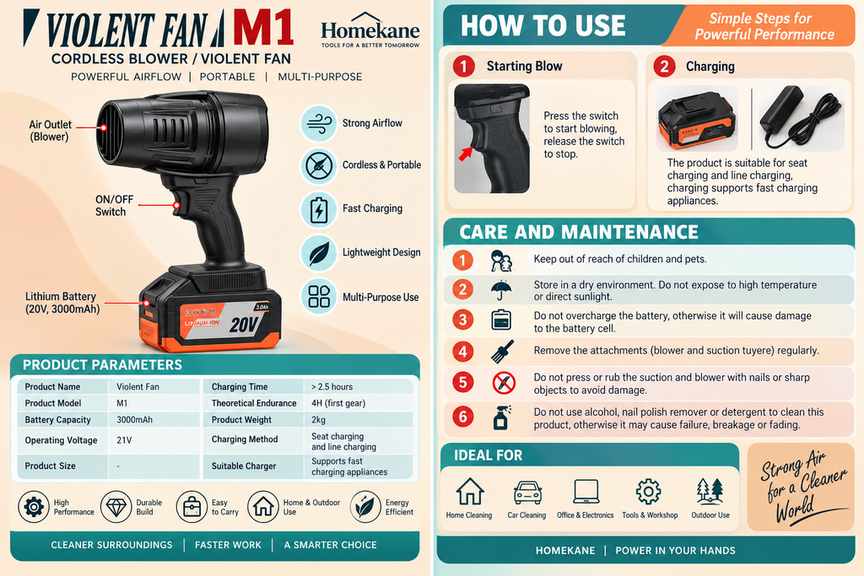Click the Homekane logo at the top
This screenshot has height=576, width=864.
[370, 30]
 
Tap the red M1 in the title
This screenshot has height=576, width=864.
[263, 29]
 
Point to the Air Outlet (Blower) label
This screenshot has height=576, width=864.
[50, 131]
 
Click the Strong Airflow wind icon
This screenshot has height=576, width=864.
[319, 123]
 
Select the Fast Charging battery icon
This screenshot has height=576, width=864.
[319, 210]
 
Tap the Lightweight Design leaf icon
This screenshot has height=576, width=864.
[319, 253]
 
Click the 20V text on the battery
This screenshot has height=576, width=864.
[243, 325]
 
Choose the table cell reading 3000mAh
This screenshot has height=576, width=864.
[134, 420]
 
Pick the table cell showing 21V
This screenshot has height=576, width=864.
[124, 440]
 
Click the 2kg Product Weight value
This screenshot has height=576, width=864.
[318, 420]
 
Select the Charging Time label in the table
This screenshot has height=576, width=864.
[240, 386]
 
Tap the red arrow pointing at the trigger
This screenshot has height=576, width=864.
[466, 153]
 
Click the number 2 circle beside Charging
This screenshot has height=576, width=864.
[665, 67]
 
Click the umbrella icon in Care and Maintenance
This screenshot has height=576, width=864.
[501, 289]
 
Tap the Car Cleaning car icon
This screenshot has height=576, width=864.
[527, 493]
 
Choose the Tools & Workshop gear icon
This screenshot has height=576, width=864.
[649, 491]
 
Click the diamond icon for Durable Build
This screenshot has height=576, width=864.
[116, 507]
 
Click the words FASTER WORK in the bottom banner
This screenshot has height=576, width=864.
[228, 545]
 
